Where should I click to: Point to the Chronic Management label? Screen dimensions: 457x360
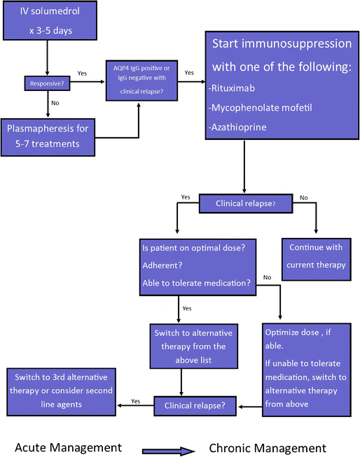(268, 447)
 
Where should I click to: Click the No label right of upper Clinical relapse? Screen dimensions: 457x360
(303, 198)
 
